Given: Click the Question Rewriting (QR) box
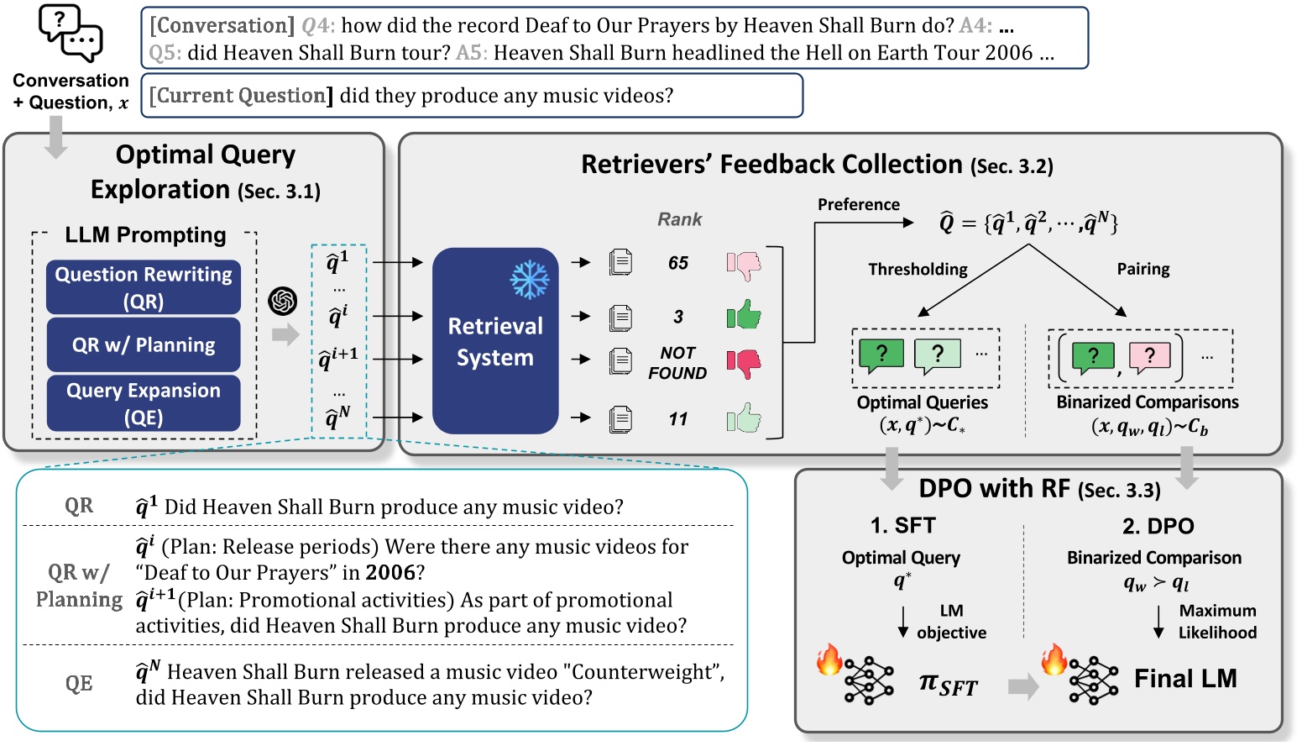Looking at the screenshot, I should [x=144, y=287].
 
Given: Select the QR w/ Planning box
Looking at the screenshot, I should [x=144, y=344].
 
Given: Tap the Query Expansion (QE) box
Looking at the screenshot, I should [x=144, y=403].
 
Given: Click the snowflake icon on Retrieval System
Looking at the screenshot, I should [x=530, y=280].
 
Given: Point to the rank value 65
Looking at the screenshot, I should [x=678, y=263].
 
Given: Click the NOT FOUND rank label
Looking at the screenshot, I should [x=677, y=363].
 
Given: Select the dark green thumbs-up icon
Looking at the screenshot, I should [x=744, y=316].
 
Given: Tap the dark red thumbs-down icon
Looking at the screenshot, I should [x=744, y=363].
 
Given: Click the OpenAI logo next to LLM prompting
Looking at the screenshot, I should [x=283, y=301].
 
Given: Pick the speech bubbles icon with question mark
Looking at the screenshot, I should [x=71, y=34].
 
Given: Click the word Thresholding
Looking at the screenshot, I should [x=918, y=269].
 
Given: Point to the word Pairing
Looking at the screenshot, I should [x=1143, y=269].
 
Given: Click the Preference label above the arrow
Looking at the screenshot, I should [x=858, y=204].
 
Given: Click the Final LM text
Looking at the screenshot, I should [x=1185, y=678].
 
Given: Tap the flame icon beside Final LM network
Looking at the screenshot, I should [x=1054, y=659].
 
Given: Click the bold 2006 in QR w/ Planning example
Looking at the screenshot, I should [x=390, y=573].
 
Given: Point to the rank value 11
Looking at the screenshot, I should [x=678, y=418].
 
